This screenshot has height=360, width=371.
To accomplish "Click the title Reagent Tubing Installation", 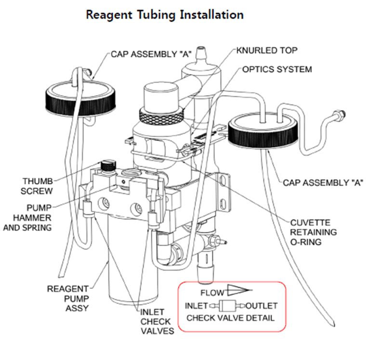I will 164,14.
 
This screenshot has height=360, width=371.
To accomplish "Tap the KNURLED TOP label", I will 266,50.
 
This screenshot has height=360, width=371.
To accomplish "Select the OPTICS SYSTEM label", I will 277,69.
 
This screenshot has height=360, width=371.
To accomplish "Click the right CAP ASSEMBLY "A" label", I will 322,182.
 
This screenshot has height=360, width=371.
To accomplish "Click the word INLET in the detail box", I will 196,306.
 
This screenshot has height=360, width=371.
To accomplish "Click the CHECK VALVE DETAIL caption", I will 230,318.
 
